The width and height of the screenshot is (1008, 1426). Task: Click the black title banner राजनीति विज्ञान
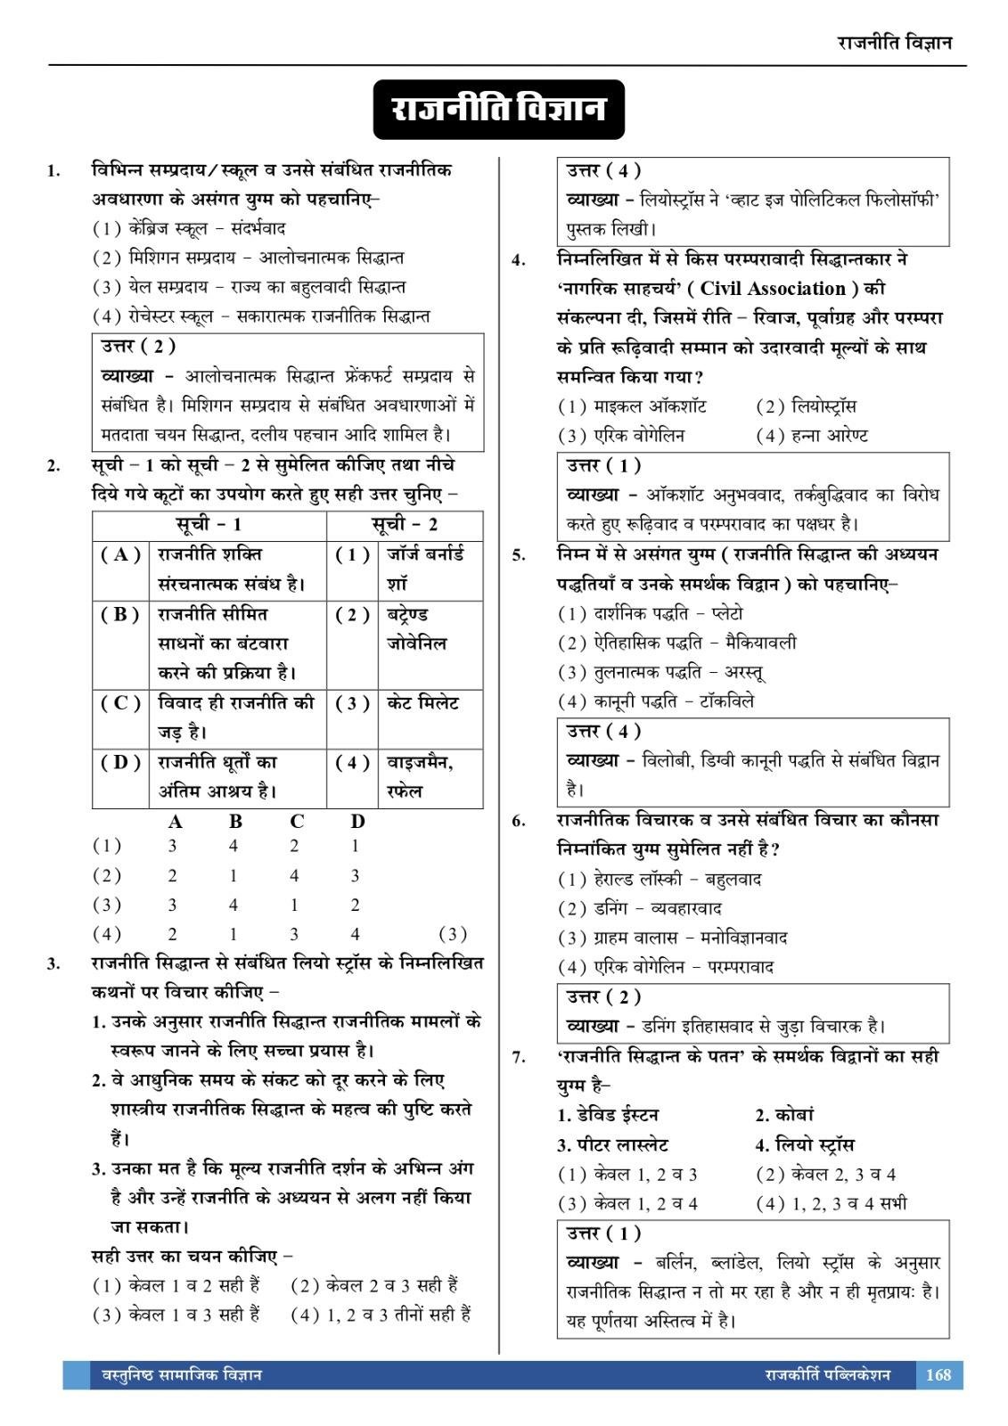499,110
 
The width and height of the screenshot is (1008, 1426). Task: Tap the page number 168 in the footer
938,1374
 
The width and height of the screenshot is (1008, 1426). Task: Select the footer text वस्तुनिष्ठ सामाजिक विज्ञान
176,1374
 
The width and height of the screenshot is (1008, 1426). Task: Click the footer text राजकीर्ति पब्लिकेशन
826,1374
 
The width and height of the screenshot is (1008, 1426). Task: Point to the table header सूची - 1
209,525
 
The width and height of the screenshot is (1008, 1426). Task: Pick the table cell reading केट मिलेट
422,702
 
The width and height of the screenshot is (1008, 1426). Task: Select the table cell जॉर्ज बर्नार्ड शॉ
425,569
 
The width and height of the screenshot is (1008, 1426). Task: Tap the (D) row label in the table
121,762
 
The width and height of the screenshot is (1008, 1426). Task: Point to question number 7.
519,1057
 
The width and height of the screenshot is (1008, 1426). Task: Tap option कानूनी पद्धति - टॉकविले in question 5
657,701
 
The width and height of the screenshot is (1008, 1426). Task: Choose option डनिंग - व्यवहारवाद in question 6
640,908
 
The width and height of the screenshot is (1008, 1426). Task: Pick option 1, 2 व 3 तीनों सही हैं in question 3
381,1314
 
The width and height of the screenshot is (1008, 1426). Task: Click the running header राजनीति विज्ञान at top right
895,43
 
